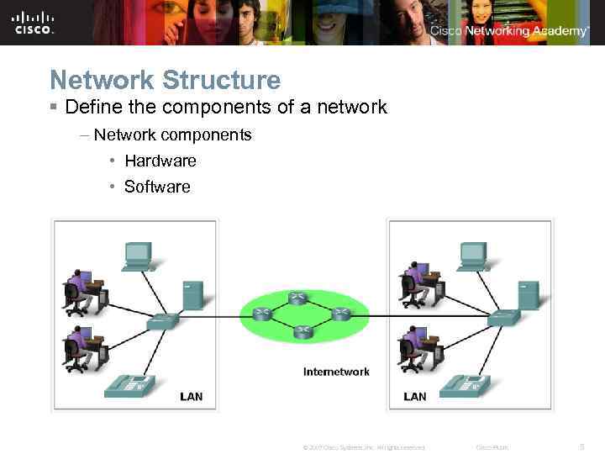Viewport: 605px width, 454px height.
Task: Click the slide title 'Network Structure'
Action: click(165, 81)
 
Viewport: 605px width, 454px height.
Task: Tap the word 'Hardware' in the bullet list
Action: click(160, 161)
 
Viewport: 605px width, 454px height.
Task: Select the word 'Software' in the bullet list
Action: click(157, 187)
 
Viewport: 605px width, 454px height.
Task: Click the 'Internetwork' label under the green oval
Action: click(336, 372)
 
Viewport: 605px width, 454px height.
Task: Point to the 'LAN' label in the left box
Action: click(192, 396)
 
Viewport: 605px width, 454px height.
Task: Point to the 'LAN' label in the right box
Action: click(415, 396)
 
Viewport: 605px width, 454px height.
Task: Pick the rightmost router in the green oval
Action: click(340, 314)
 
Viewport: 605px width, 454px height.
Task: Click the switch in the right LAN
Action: click(504, 317)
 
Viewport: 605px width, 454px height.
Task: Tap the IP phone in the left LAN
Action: click(129, 386)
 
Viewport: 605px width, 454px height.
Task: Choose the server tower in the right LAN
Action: click(529, 295)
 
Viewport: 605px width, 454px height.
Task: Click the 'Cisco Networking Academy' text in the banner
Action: click(509, 31)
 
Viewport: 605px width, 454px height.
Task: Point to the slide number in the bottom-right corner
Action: click(584, 447)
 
